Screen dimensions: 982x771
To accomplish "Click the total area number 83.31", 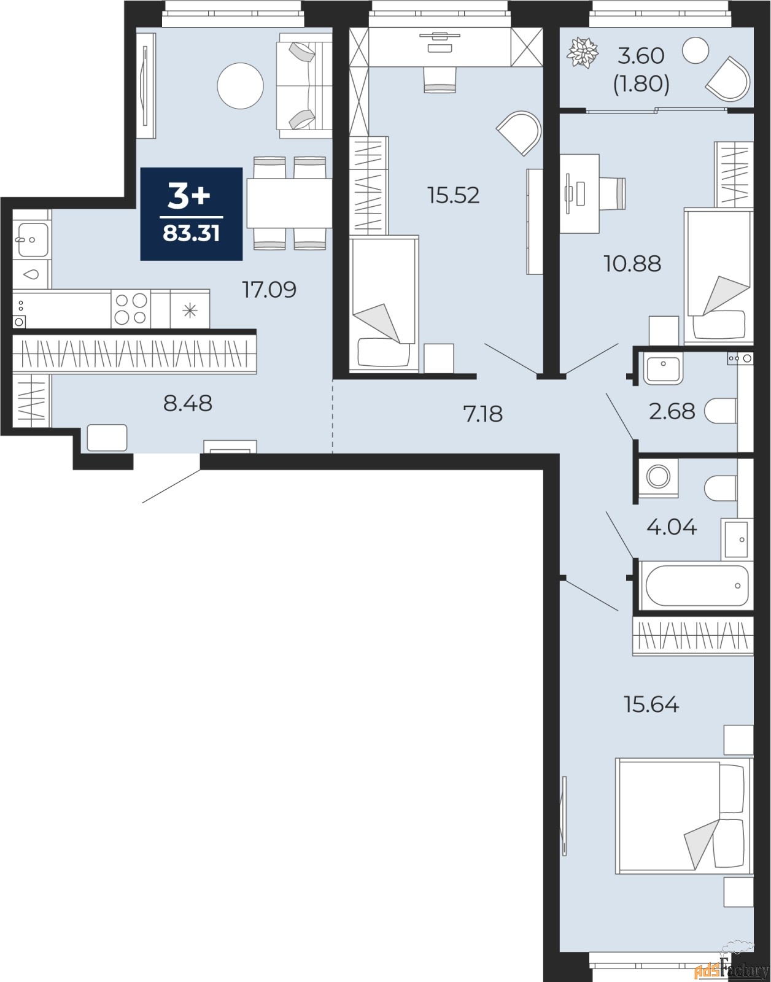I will pyautogui.click(x=191, y=234).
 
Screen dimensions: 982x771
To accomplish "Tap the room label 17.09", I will pyautogui.click(x=269, y=289).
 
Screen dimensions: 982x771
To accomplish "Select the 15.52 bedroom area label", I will pyautogui.click(x=453, y=195).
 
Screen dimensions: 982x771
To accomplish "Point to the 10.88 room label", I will pyautogui.click(x=632, y=264).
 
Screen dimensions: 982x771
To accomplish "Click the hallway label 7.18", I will pyautogui.click(x=483, y=414).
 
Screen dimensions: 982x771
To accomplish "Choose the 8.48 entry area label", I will pyautogui.click(x=188, y=403).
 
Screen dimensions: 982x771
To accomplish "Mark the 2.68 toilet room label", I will pyautogui.click(x=672, y=411).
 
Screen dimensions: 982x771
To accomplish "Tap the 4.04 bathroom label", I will pyautogui.click(x=672, y=527).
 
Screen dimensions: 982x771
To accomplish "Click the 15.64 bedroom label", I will pyautogui.click(x=651, y=705).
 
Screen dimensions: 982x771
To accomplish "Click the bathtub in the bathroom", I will pyautogui.click(x=695, y=585).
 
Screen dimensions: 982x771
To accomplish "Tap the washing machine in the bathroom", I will pyautogui.click(x=659, y=476).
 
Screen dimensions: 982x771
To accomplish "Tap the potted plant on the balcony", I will pyautogui.click(x=582, y=53).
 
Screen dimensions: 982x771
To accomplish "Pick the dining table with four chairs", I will pyautogui.click(x=289, y=203).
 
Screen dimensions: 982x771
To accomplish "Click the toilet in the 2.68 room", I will pyautogui.click(x=719, y=411).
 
